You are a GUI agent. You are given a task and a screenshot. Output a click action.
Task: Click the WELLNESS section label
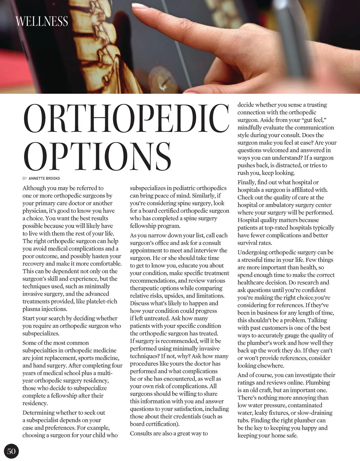42,22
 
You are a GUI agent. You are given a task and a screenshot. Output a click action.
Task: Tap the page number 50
11,451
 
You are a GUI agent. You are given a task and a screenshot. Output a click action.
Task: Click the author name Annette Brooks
44,178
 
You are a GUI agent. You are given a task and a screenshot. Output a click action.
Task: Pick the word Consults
142,433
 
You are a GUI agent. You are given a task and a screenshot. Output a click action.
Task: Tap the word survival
248,243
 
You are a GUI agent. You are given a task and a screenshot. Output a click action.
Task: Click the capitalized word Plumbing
317,382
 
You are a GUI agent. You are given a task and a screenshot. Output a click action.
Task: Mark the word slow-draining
315,413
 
